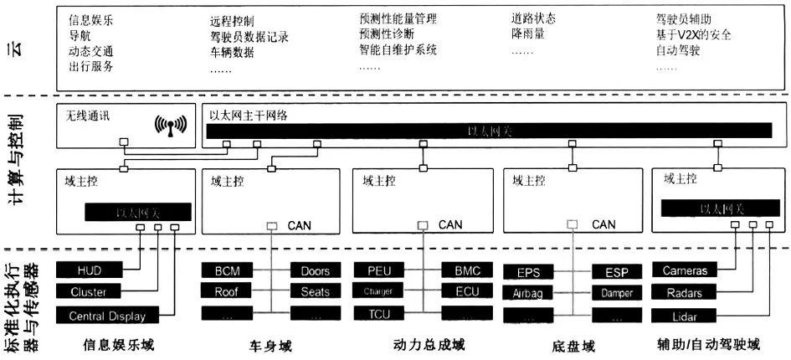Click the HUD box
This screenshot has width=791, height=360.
88,271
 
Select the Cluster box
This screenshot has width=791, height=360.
88,292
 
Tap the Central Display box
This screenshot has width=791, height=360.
106,316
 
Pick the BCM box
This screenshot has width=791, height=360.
226,271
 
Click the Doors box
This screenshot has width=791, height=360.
315,271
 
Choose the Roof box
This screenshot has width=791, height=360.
226,291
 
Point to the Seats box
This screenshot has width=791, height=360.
315,291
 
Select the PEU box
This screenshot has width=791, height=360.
378,271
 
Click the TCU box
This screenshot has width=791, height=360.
378,313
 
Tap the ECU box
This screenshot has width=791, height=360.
467,291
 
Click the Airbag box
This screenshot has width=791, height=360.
528,294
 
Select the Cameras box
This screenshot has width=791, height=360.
684,271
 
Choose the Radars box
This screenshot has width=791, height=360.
684,292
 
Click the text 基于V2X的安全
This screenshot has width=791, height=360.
693,36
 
